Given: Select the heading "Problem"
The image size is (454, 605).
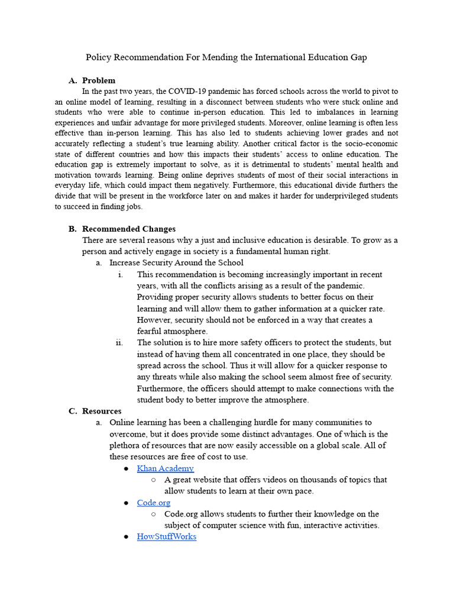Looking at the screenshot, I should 99,80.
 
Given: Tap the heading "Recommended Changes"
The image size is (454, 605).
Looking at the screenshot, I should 129,229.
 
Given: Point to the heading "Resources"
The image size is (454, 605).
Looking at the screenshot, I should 102,411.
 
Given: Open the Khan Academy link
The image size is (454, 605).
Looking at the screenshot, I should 165,469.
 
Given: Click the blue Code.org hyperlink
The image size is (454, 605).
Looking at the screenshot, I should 154,503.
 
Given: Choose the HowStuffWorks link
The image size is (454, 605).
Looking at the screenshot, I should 167,536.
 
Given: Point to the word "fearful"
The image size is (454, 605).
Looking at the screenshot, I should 153,331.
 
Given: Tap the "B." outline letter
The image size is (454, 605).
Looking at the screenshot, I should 73,229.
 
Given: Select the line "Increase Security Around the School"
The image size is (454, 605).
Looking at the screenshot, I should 176,263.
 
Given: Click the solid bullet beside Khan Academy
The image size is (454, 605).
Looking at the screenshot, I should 126,469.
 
